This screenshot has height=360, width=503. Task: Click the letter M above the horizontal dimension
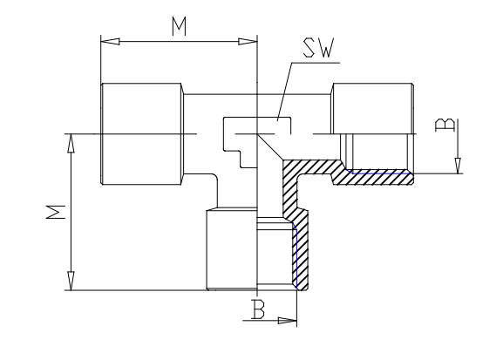pyautogui.click(x=179, y=26)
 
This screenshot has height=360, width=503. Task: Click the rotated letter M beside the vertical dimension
pyautogui.click(x=56, y=212)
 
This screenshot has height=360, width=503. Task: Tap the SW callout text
pyautogui.click(x=319, y=48)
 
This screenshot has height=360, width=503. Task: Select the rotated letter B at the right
pyautogui.click(x=445, y=125)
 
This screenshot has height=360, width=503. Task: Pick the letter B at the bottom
pyautogui.click(x=258, y=309)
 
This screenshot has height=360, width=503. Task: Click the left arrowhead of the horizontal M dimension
pyautogui.click(x=110, y=41)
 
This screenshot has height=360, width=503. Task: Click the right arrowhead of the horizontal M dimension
pyautogui.click(x=248, y=41)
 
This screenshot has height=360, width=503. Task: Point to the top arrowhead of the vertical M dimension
pyautogui.click(x=71, y=143)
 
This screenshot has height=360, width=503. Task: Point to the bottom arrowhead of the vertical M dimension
pyautogui.click(x=71, y=281)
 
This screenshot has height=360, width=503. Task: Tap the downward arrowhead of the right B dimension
pyautogui.click(x=458, y=166)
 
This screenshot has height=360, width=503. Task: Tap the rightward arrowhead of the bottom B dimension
pyautogui.click(x=287, y=320)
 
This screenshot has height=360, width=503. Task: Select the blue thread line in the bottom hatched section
pyautogui.click(x=296, y=255)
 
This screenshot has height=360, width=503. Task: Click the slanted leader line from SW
pyautogui.click(x=284, y=92)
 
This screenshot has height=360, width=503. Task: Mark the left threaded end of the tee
pyautogui.click(x=142, y=133)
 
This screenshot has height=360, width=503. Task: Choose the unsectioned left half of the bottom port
pyautogui.click(x=231, y=249)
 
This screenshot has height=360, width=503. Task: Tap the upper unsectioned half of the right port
pyautogui.click(x=373, y=108)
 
